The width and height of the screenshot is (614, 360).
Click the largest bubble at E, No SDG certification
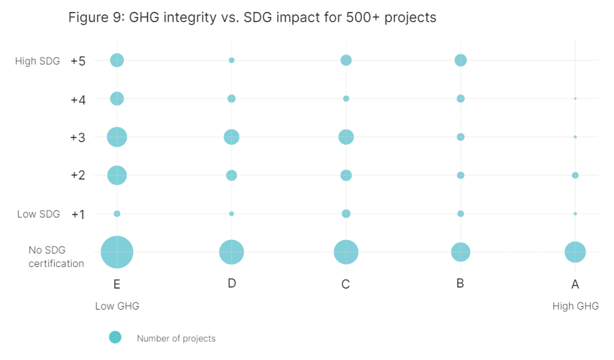pyautogui.click(x=117, y=252)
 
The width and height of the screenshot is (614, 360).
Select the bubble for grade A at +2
pyautogui.click(x=575, y=175)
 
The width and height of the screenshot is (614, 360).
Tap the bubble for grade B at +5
pyautogui.click(x=460, y=60)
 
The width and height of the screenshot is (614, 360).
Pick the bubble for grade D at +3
pyautogui.click(x=231, y=137)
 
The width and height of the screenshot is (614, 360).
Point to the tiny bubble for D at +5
pyautogui.click(x=231, y=60)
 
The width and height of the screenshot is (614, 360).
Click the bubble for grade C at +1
pyautogui.click(x=346, y=214)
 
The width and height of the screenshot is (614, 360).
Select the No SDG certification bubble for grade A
pyautogui.click(x=575, y=252)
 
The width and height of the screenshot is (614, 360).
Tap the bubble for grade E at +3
pyautogui.click(x=117, y=137)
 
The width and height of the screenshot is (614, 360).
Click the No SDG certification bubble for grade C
pyautogui.click(x=346, y=252)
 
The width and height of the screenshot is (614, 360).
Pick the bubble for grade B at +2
pyautogui.click(x=460, y=175)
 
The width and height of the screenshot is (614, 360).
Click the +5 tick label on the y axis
pyautogui.click(x=78, y=61)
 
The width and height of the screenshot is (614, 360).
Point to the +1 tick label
pyautogui.click(x=78, y=214)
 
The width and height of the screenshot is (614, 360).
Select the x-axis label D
pyautogui.click(x=231, y=284)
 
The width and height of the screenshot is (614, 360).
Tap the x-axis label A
pyautogui.click(x=575, y=284)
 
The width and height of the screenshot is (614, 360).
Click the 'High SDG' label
pyautogui.click(x=37, y=61)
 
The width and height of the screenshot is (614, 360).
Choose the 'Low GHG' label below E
pyautogui.click(x=117, y=306)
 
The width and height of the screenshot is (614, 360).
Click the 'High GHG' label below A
pyautogui.click(x=575, y=306)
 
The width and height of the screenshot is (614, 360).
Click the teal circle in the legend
pyautogui.click(x=115, y=337)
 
